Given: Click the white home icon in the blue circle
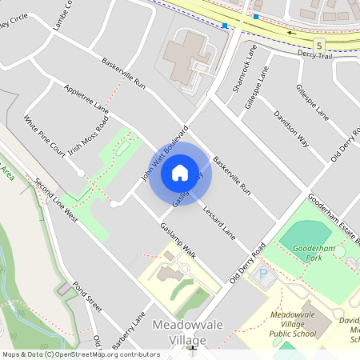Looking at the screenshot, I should [180, 173].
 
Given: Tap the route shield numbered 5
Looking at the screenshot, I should [319, 45].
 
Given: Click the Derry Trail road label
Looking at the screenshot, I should [336, 54].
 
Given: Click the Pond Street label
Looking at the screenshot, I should [87, 298].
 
